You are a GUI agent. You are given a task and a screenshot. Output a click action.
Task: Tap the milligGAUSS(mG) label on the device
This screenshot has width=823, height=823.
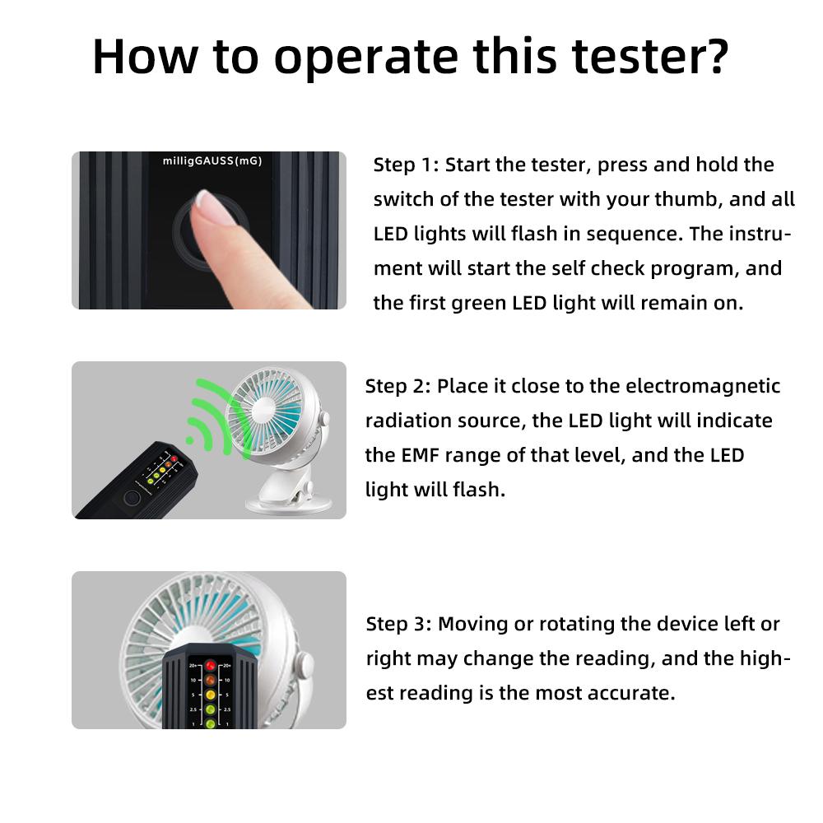212,161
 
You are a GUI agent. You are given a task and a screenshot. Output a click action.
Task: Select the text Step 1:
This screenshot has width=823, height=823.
406,165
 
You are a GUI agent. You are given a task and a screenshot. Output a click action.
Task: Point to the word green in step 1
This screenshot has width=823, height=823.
478,303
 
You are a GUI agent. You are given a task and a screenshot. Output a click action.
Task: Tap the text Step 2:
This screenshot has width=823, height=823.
398,386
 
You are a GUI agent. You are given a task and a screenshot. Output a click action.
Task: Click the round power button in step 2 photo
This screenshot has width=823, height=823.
130,499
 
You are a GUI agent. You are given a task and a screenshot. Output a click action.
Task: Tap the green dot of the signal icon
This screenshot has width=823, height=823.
189,441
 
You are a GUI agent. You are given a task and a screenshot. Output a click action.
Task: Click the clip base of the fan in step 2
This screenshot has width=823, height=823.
284,497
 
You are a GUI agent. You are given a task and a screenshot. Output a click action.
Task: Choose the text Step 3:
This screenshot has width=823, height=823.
398,624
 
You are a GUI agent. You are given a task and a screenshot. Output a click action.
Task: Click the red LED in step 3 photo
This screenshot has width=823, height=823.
211,666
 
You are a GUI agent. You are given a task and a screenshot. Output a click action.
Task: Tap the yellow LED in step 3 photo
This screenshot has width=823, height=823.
210,695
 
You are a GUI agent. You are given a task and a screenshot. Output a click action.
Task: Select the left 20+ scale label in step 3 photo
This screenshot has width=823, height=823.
192,666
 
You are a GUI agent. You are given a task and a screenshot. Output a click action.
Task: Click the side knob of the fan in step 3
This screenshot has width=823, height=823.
305,663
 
